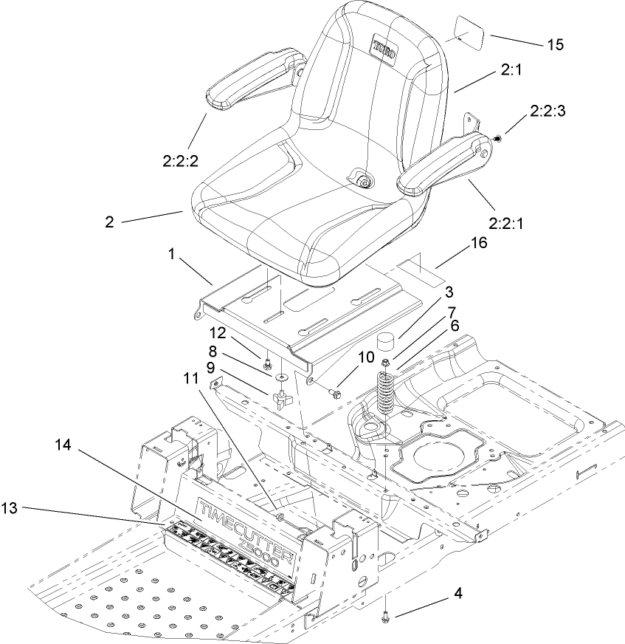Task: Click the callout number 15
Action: click(x=555, y=45)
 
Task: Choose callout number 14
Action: click(x=64, y=445)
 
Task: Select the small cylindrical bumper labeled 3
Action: click(x=387, y=343)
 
